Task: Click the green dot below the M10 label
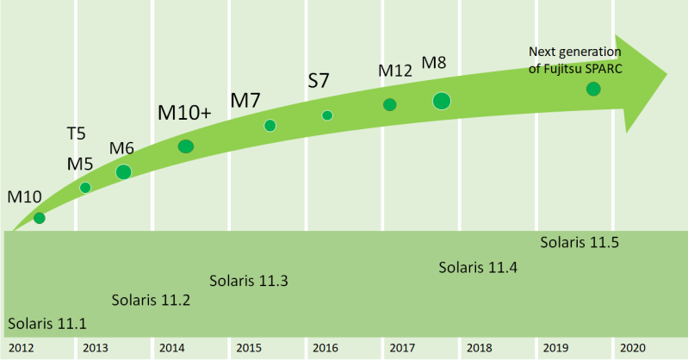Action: [x=39, y=218]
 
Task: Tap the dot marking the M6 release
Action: [x=123, y=171]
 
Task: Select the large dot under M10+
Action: [x=185, y=146]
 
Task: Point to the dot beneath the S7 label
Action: [x=327, y=115]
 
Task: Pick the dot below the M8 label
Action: [x=442, y=101]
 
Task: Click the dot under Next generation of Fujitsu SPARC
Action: [x=593, y=88]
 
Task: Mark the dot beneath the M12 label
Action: [x=389, y=104]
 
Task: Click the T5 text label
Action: [x=77, y=133]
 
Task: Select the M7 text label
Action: [x=245, y=99]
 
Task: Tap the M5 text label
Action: [x=79, y=164]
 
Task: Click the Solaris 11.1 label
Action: [x=47, y=325]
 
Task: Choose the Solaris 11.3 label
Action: [x=249, y=282]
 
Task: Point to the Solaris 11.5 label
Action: [x=580, y=242]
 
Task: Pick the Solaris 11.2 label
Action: [x=151, y=301]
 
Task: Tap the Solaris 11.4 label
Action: [x=478, y=267]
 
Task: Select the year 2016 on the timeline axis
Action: [x=325, y=348]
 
